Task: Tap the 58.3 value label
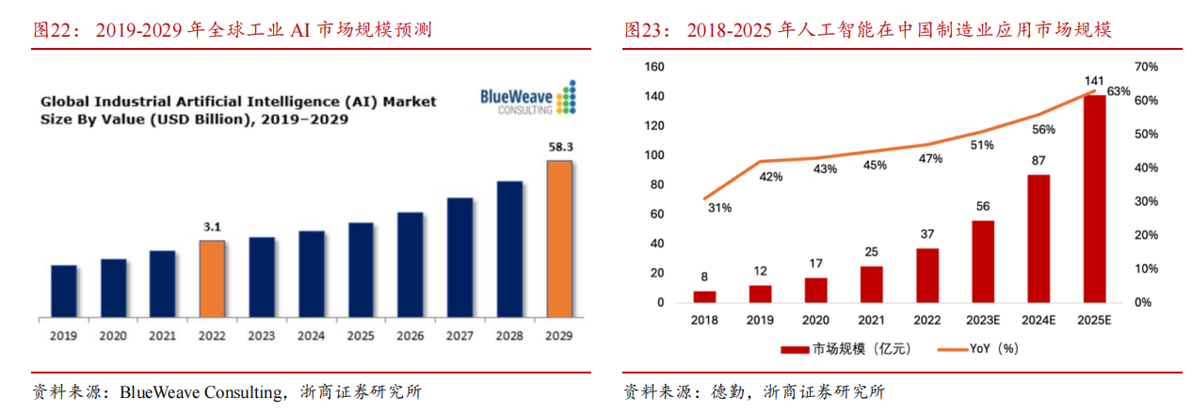[559, 148]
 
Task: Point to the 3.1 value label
[212, 227]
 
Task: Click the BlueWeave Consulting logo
[527, 99]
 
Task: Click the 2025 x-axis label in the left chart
[361, 335]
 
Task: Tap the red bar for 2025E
[1094, 199]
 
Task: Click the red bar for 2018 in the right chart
[705, 296]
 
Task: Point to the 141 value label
[1094, 81]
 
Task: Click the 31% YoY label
[718, 208]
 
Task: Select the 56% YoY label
[1043, 130]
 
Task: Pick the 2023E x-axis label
[982, 321]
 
